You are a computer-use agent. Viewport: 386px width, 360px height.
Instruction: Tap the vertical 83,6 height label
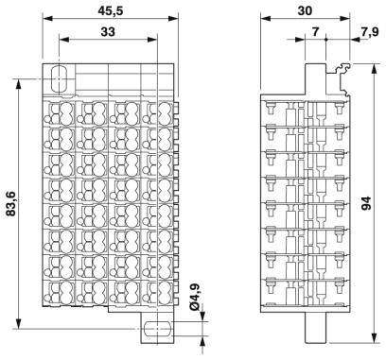click(12, 202)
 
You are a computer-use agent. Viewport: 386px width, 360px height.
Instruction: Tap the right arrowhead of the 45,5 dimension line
click(173, 25)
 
